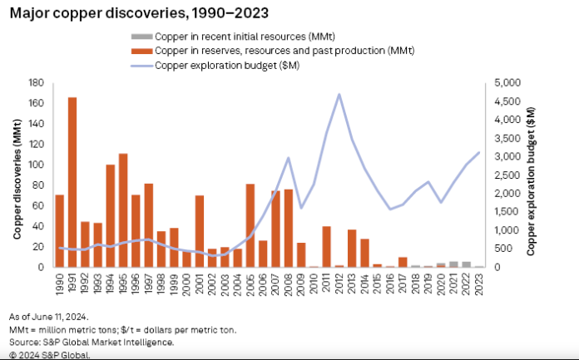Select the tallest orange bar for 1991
(x=72, y=183)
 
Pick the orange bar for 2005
(x=250, y=225)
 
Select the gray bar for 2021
(x=453, y=264)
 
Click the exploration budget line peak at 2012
(x=339, y=94)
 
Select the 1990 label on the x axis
(x=60, y=284)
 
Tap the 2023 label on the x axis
(x=479, y=284)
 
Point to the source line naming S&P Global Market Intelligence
(x=92, y=341)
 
